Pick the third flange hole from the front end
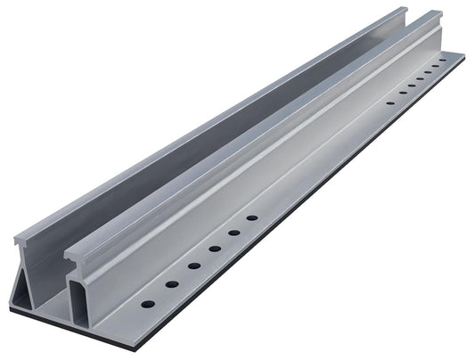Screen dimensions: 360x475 tap(192, 266)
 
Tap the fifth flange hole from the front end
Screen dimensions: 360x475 tap(233, 233)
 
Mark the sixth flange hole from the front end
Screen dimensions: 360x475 tap(252, 218)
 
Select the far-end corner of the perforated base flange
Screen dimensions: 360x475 tap(464, 55)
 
